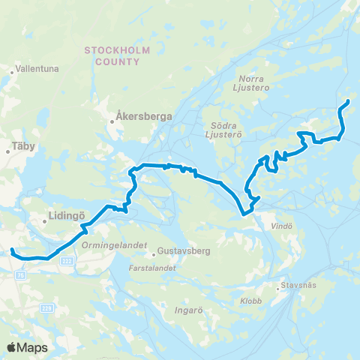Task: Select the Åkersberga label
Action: pos(144,117)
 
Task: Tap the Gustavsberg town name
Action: pos(184,252)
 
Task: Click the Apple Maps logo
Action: pos(26,346)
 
